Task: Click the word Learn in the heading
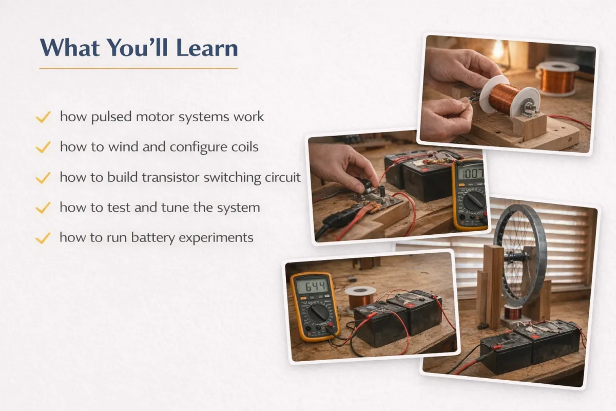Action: click(207, 48)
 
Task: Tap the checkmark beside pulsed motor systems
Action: click(43, 117)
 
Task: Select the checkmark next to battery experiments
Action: click(43, 238)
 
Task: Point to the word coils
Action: click(245, 146)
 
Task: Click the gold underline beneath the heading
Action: click(139, 68)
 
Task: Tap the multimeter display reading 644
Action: click(313, 286)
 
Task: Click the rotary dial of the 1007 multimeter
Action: click(474, 201)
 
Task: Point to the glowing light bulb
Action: click(498, 50)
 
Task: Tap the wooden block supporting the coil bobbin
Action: click(529, 126)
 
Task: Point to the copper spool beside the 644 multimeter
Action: click(360, 297)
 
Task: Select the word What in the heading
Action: click(70, 48)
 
